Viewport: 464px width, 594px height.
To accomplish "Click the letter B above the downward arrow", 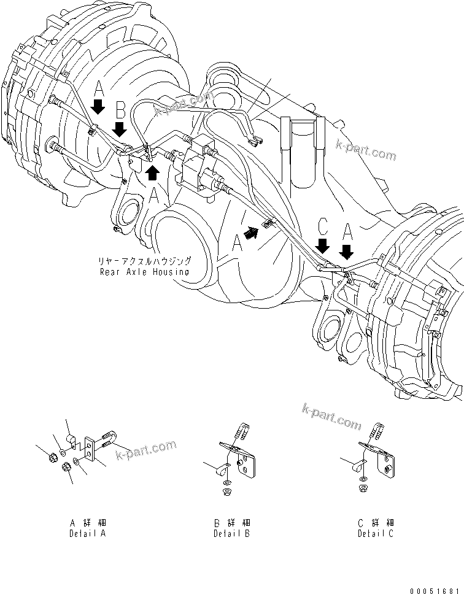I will (121, 110).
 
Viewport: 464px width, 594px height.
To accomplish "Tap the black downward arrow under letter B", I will (121, 129).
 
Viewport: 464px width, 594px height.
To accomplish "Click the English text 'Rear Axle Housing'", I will (144, 271).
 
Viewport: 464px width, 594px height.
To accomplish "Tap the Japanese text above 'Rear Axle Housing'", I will (148, 261).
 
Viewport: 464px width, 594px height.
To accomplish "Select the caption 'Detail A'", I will (88, 534).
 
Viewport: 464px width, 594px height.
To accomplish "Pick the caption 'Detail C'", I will (376, 534).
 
